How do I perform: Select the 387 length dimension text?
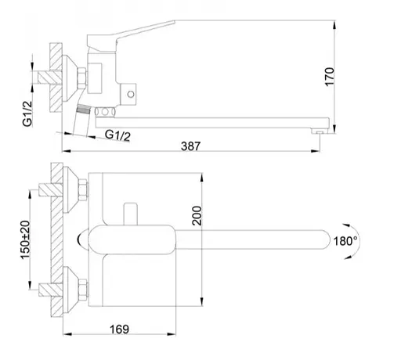(190, 145)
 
